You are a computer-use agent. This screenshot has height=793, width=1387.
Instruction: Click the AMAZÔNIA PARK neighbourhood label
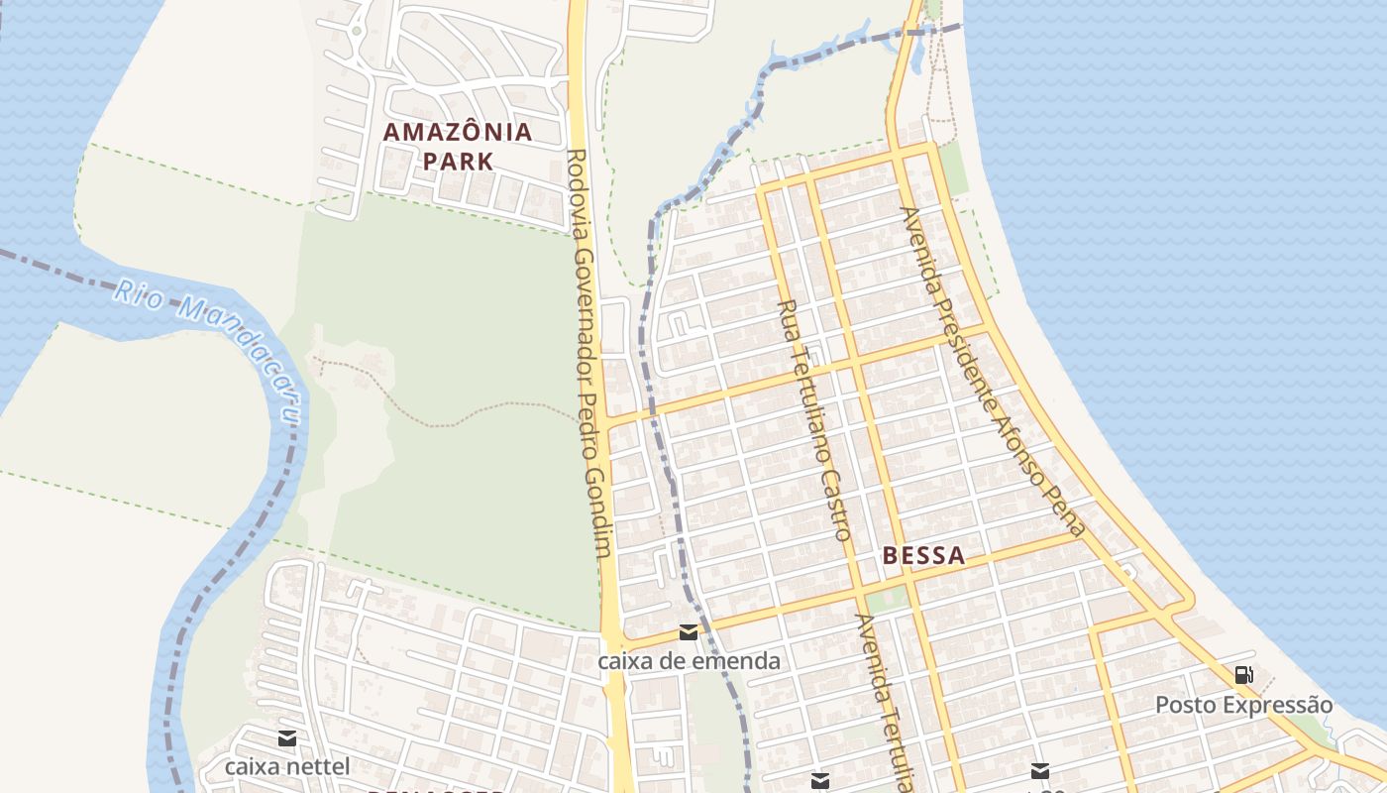(458, 146)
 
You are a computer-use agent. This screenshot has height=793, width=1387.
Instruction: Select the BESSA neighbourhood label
(923, 555)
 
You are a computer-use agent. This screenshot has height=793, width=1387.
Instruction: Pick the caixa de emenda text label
(690, 660)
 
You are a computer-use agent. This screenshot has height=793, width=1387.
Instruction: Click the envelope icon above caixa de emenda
(689, 632)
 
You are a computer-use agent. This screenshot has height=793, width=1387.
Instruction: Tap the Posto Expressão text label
(1244, 705)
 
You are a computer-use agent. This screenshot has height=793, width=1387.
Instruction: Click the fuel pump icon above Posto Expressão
(1243, 676)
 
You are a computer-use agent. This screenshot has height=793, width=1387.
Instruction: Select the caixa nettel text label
(287, 766)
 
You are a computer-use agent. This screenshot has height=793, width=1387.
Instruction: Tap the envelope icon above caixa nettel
(287, 737)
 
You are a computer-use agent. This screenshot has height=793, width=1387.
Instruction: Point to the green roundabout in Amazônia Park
(356, 31)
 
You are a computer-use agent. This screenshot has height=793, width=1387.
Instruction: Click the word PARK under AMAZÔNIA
(458, 161)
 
